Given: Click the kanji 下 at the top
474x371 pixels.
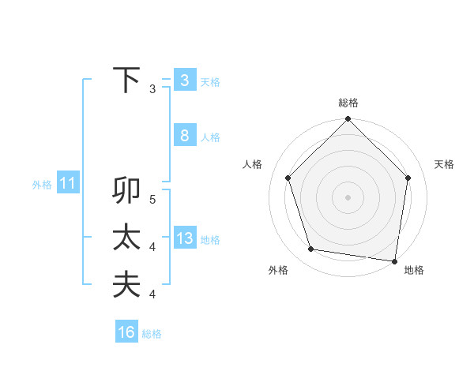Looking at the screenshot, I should point(126,81).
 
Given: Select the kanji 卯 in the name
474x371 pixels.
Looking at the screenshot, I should point(126,192).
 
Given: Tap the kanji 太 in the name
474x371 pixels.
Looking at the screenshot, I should point(126,238).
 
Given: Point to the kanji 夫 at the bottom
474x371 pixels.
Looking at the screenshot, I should point(126,284).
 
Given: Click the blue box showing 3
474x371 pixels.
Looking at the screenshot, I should point(184,81).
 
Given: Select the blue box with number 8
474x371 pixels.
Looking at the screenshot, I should point(184,136).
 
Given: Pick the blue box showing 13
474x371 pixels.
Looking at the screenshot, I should point(184,238).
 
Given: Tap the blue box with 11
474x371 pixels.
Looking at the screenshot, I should point(67,185).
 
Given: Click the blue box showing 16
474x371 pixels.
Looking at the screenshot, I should point(126,332).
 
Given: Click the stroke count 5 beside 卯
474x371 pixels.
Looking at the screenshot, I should point(152,200).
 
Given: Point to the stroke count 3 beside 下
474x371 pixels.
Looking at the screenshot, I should point(152,89).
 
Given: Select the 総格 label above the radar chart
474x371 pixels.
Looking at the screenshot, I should point(348,103).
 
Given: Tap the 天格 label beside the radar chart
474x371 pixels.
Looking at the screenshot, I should point(445,164).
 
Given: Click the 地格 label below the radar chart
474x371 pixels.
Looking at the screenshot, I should point(414,270).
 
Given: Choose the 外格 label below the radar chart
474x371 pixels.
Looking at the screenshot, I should point(278,270).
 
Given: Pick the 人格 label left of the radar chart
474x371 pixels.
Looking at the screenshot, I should point(252,164).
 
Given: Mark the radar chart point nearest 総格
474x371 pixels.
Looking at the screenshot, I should point(348,120).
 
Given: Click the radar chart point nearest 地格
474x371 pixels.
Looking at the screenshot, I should point(394,260).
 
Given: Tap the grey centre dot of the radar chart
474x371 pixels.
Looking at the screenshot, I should point(348,197).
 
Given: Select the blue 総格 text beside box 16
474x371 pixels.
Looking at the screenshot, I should point(152,334).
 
